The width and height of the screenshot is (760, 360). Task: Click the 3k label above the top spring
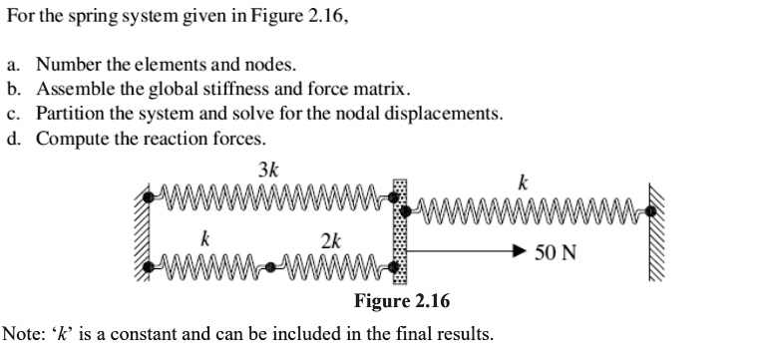268,170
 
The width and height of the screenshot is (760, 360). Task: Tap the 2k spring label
331,240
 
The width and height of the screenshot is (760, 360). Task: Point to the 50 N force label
555,253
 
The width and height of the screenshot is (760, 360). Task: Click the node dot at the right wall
650,210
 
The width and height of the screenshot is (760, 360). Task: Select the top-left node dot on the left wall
151,196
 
